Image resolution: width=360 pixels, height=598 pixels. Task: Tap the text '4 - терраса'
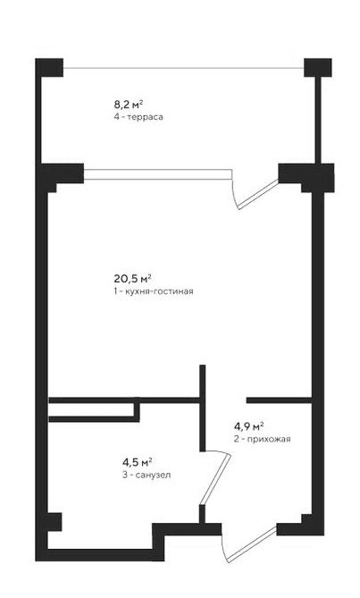(142, 117)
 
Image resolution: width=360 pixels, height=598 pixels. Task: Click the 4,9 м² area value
(248, 425)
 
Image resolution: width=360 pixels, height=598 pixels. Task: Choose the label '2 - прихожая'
(262, 439)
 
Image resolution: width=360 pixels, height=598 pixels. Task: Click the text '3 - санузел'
(147, 475)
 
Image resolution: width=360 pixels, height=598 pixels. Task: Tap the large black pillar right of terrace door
(295, 174)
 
